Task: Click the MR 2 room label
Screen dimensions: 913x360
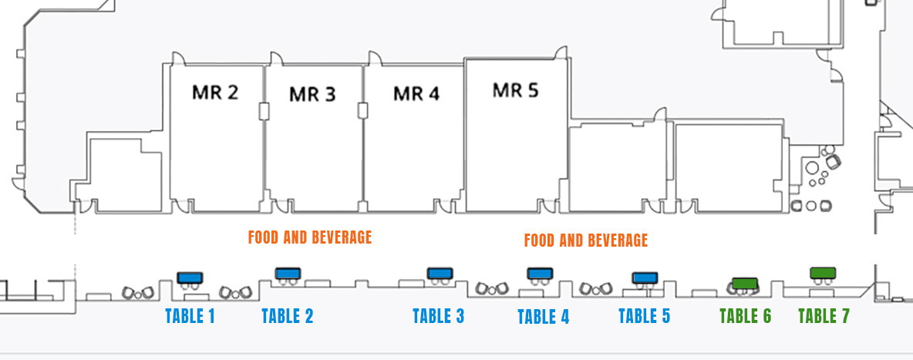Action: (x=215, y=92)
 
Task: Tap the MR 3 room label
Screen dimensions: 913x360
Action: (x=312, y=94)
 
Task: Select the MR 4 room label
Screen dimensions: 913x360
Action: (x=416, y=93)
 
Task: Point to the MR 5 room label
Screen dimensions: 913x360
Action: (x=515, y=90)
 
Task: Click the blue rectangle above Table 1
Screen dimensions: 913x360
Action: (x=190, y=278)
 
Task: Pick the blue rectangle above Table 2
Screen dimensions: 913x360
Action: (x=288, y=273)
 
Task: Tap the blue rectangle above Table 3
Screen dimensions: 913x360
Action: (x=440, y=273)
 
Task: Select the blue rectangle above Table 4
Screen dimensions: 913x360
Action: (x=540, y=273)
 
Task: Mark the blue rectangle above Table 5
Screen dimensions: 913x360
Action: (x=645, y=278)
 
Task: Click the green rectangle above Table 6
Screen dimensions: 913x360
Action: (x=745, y=284)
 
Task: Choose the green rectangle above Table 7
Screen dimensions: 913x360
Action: (x=823, y=273)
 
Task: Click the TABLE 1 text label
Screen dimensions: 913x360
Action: (x=190, y=316)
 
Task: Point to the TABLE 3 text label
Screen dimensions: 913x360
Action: (x=439, y=316)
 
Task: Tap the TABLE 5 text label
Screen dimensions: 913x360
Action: (x=645, y=316)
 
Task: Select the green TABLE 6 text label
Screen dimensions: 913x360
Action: (x=746, y=316)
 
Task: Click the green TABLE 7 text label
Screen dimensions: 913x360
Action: (x=824, y=316)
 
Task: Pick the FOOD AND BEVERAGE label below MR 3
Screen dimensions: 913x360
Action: (x=310, y=237)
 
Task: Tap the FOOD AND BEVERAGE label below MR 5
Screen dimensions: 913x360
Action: (x=586, y=240)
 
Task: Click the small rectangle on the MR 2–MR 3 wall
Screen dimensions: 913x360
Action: (x=264, y=111)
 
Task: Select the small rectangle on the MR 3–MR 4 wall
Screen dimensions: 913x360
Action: (x=363, y=111)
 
